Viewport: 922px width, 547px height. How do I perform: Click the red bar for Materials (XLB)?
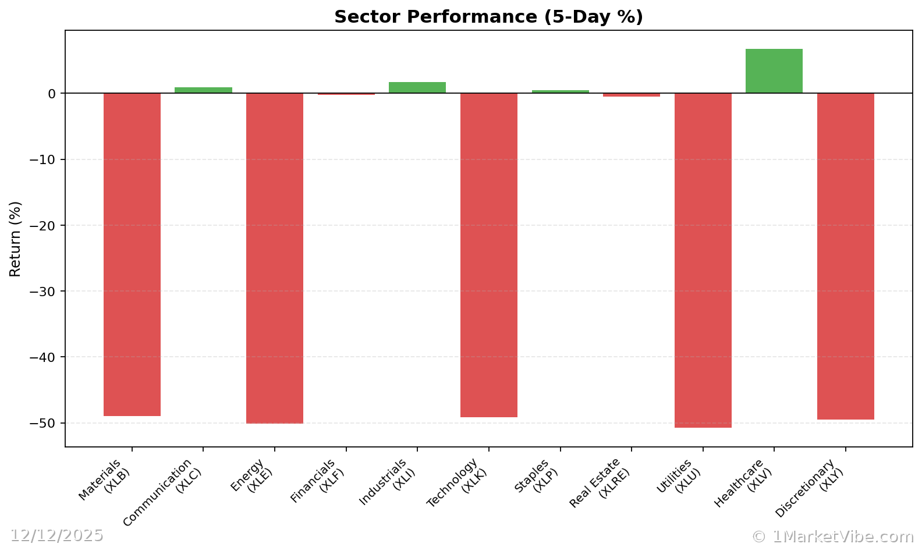pos(132,254)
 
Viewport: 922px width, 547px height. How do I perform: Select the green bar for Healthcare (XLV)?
pos(774,71)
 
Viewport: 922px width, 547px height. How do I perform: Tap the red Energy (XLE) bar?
pos(275,258)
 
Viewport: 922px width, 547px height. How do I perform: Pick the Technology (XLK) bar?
pos(488,255)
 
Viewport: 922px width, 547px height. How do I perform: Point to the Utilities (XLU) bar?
pos(703,260)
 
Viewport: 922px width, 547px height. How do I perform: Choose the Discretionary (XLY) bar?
pos(845,256)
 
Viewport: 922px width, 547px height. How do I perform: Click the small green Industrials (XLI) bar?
pos(417,87)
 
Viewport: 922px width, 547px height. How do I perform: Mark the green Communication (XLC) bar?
pos(203,90)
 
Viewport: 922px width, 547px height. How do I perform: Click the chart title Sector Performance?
pos(488,17)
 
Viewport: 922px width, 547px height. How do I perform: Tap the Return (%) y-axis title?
pos(15,239)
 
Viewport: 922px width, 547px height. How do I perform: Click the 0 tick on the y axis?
pos(52,94)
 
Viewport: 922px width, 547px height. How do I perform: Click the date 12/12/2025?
pos(56,535)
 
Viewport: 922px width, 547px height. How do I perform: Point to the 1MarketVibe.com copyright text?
pos(832,537)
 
